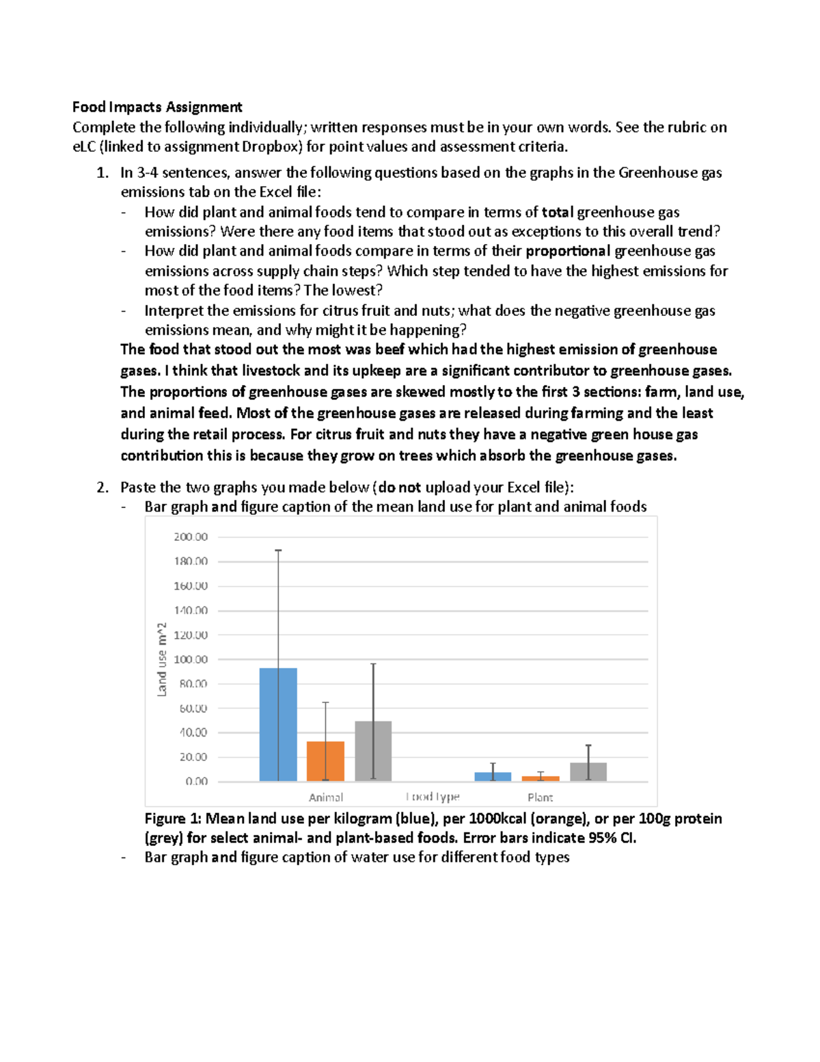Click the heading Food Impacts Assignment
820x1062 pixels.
[157, 107]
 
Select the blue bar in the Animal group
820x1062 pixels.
[278, 725]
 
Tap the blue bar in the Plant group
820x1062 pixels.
[493, 777]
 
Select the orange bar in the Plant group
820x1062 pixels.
[541, 779]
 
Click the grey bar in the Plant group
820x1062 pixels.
[588, 772]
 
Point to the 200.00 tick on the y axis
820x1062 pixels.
[191, 537]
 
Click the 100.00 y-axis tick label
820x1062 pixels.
[191, 659]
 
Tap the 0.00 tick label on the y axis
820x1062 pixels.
[196, 782]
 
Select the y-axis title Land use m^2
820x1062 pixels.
[162, 659]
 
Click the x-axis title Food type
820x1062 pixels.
[433, 797]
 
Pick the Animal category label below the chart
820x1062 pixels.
[326, 797]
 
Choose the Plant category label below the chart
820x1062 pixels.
[540, 797]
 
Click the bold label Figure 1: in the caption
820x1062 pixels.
[173, 819]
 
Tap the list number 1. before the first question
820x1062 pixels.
[102, 173]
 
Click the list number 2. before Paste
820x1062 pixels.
[102, 488]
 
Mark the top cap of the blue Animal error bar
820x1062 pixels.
[278, 550]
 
